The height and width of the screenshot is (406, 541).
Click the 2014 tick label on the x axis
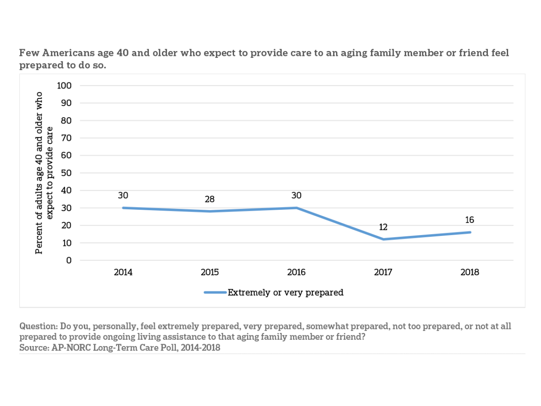pyautogui.click(x=123, y=272)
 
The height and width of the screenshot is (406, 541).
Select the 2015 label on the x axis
pyautogui.click(x=210, y=272)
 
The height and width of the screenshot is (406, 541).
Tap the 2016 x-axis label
pyautogui.click(x=296, y=272)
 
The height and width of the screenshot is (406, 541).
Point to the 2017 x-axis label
pyautogui.click(x=383, y=272)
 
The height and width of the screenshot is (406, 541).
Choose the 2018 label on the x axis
pyautogui.click(x=470, y=272)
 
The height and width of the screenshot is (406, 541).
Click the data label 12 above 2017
pyautogui.click(x=383, y=227)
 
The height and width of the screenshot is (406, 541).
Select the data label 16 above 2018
pyautogui.click(x=470, y=220)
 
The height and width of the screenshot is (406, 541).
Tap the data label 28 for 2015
pyautogui.click(x=210, y=199)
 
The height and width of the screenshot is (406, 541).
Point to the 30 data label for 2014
pyautogui.click(x=123, y=195)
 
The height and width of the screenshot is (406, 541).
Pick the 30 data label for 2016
pyautogui.click(x=296, y=195)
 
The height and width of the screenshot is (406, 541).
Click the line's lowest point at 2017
pyautogui.click(x=383, y=239)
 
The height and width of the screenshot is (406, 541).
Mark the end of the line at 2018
pyautogui.click(x=470, y=232)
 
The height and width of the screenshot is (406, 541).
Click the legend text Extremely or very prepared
pyautogui.click(x=285, y=292)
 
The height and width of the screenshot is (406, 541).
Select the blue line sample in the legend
pyautogui.click(x=215, y=292)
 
